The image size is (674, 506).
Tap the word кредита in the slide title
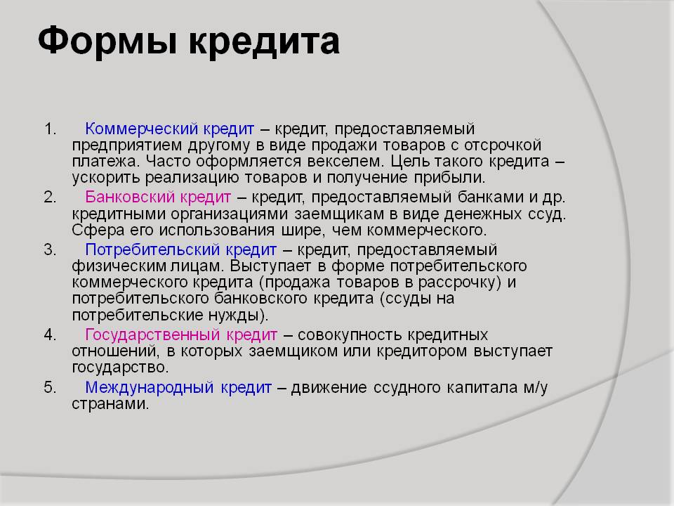[x=265, y=41]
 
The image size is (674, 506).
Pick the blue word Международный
[x=149, y=388]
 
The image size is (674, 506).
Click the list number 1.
[x=51, y=129]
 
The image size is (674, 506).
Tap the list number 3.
[x=51, y=250]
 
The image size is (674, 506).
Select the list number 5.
[x=51, y=388]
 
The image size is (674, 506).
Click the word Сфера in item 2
[x=98, y=231]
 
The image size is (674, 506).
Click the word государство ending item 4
[x=118, y=368]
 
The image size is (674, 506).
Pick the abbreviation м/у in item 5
[x=536, y=388]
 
